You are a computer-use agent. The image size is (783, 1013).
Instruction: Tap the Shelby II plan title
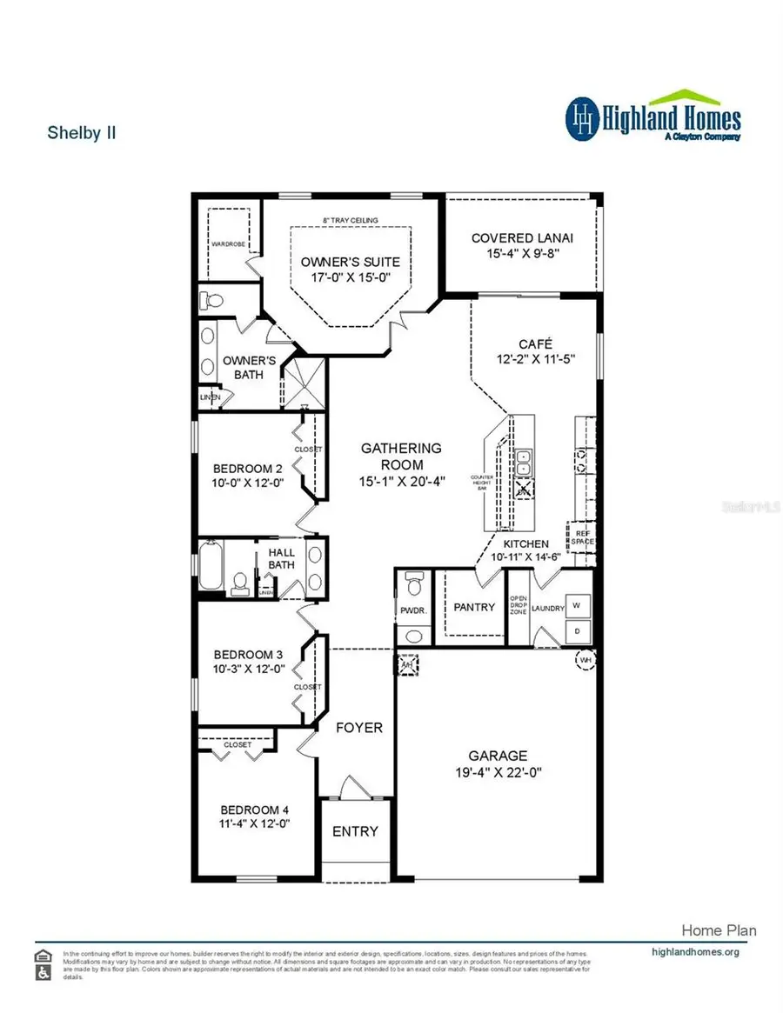[x=81, y=133]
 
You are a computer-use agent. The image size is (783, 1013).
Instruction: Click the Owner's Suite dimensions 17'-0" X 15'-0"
[x=350, y=278]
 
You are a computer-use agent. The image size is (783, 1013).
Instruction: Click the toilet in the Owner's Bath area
[x=210, y=301]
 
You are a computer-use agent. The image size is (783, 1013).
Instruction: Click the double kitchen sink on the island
[x=525, y=463]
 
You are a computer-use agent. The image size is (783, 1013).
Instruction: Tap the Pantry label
[x=474, y=607]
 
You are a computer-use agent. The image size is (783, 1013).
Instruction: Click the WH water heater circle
[x=584, y=660]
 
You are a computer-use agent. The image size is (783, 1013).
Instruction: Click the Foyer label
[x=358, y=727]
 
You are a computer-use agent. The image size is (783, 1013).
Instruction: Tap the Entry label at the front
[x=356, y=831]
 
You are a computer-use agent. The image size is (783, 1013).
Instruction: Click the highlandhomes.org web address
[x=695, y=951]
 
